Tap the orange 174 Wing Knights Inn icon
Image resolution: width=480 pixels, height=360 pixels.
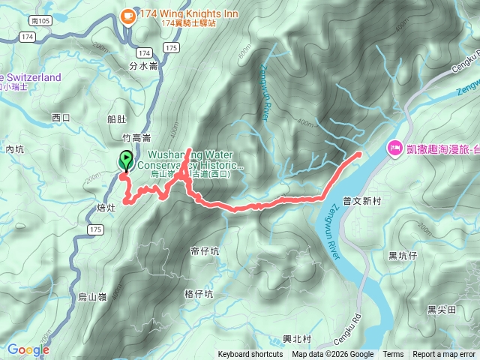127,14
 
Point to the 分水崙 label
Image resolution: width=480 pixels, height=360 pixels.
142,66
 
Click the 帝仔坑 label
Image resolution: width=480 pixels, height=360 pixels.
205,251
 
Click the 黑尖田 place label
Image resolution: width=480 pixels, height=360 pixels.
442,309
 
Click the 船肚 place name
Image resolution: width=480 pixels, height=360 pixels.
118,118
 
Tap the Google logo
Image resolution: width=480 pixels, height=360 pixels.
28,349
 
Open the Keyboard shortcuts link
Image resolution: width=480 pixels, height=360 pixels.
250,355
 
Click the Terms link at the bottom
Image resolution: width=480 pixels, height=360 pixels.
393,355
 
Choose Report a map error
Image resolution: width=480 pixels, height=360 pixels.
445,355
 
